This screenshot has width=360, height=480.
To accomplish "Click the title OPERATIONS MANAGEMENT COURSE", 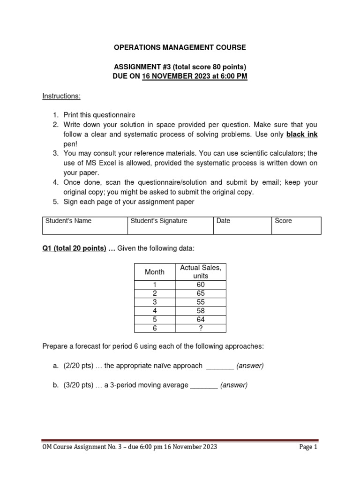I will (x=180, y=47).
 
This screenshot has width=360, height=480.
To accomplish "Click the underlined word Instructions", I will (x=61, y=96).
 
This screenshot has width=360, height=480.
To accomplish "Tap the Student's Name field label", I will (x=68, y=221).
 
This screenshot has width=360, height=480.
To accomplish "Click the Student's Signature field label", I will (x=159, y=221).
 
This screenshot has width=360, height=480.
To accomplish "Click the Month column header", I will (x=155, y=272).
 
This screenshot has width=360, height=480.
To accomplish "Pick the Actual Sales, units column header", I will (x=201, y=272).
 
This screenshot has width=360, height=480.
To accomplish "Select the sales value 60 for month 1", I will (x=201, y=285).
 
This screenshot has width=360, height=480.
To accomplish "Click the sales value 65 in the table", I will (x=201, y=293).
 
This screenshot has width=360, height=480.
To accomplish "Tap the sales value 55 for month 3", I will (x=201, y=302).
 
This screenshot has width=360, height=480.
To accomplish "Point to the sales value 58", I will (x=201, y=311).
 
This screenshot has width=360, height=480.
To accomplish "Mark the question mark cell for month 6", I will (x=201, y=328).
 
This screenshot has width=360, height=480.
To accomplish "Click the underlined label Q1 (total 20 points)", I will (x=75, y=248).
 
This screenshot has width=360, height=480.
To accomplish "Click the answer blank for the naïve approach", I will (x=220, y=366).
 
